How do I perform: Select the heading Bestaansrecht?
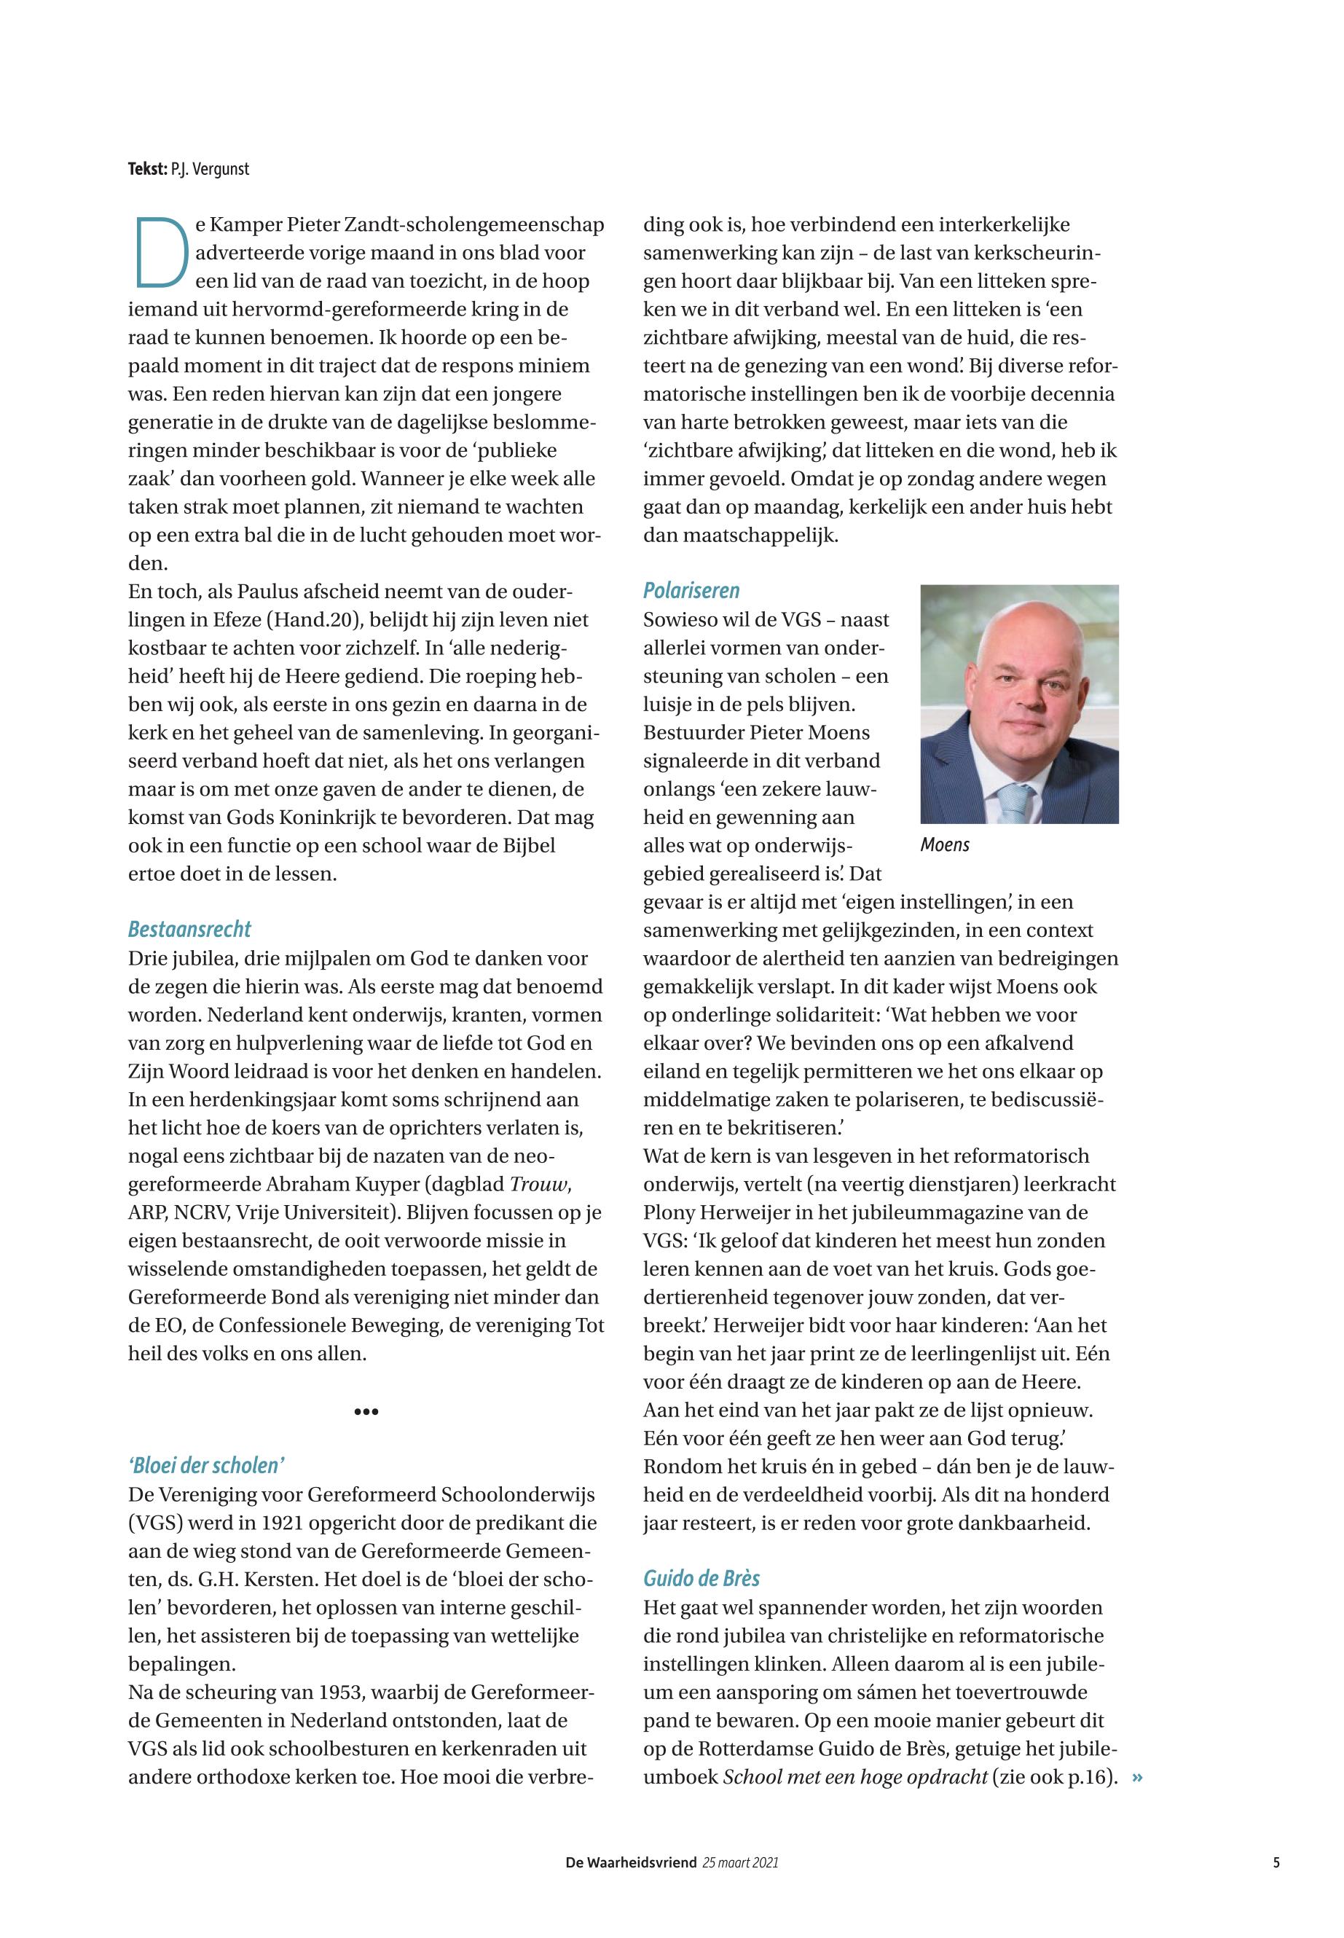point(189,929)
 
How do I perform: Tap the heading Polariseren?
point(691,590)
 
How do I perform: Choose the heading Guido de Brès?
point(702,1578)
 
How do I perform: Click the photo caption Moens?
point(945,844)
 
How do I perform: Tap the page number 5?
point(1277,1863)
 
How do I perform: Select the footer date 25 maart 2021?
point(740,1863)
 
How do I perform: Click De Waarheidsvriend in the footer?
point(631,1863)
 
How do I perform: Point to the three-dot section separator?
point(366,1411)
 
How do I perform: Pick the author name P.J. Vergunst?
point(210,169)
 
